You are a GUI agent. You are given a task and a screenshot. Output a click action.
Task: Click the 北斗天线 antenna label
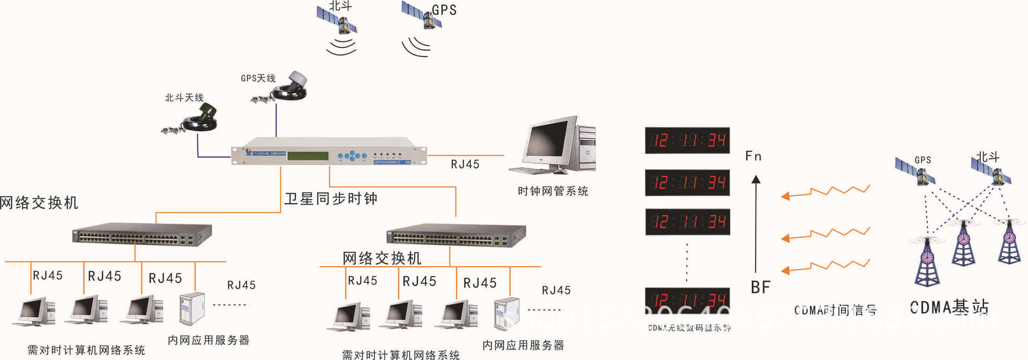click(184, 97)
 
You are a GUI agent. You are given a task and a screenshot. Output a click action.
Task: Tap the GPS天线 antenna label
click(258, 78)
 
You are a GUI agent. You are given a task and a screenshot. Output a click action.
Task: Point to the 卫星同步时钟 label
click(331, 199)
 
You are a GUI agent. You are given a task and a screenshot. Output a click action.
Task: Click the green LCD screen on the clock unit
click(307, 156)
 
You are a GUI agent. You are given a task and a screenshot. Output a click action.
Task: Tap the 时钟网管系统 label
click(552, 191)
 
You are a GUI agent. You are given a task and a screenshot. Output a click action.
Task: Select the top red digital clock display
click(687, 140)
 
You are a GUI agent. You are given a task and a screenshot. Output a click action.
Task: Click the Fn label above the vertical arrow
click(753, 156)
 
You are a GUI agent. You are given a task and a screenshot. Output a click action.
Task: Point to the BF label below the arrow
click(760, 288)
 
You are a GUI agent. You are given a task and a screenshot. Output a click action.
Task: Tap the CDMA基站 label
click(949, 307)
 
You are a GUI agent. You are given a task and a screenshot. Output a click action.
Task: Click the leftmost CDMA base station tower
click(927, 262)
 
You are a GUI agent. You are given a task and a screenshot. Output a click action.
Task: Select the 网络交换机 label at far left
click(39, 202)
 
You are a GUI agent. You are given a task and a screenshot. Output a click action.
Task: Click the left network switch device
click(142, 235)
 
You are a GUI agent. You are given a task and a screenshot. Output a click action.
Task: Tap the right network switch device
click(456, 235)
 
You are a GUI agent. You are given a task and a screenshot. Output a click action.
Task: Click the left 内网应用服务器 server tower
click(192, 309)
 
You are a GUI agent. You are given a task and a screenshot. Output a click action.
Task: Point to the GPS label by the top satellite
click(444, 10)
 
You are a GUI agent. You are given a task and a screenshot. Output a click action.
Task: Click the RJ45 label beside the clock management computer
click(465, 164)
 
